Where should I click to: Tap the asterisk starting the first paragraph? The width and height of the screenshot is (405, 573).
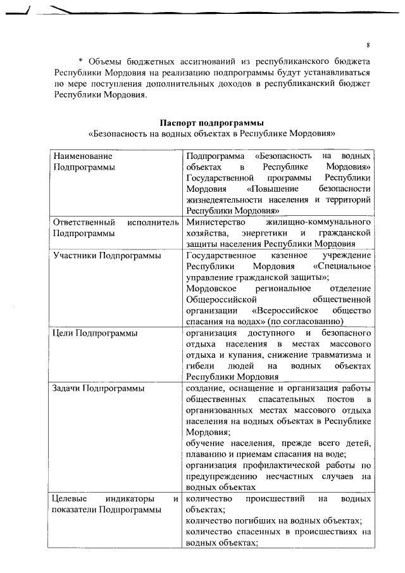pyautogui.click(x=80, y=62)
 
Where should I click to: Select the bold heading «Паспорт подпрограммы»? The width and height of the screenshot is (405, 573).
pyautogui.click(x=211, y=122)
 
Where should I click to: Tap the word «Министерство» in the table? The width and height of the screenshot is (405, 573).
pyautogui.click(x=216, y=222)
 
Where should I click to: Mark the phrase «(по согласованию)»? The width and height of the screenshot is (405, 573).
pyautogui.click(x=335, y=322)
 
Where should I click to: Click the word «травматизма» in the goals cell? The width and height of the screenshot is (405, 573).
pyautogui.click(x=332, y=355)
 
